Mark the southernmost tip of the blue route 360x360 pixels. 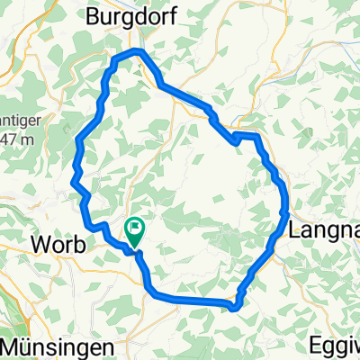point(234,309)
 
